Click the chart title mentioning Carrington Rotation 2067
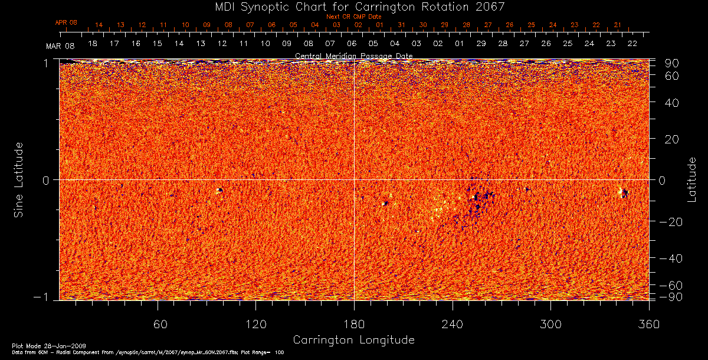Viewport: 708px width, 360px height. point(353,6)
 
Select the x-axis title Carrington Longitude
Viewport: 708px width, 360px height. point(353,340)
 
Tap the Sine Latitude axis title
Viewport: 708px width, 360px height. point(19,179)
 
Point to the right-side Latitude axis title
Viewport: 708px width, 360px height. point(691,179)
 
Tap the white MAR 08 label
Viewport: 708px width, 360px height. point(57,45)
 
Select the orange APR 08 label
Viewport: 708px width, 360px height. point(66,22)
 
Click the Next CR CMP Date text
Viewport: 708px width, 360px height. point(353,17)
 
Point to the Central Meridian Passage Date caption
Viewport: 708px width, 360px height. point(353,55)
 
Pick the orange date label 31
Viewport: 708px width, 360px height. point(401,25)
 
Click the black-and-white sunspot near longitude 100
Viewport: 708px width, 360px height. point(220,190)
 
